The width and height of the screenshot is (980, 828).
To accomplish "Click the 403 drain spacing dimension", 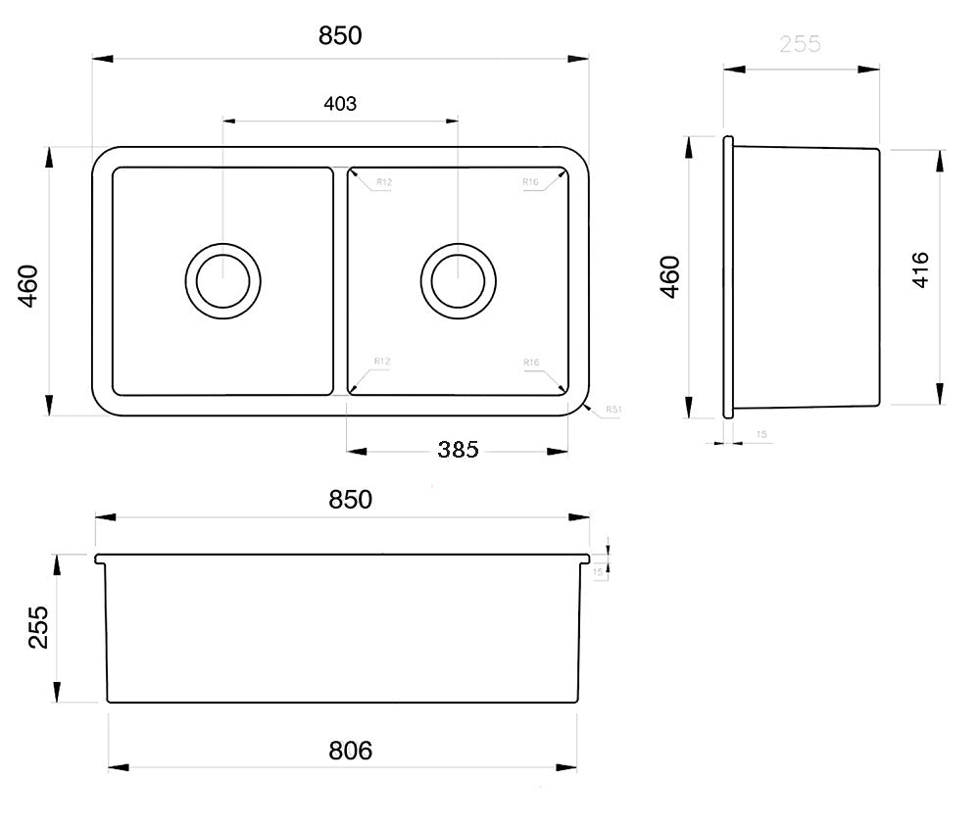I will [x=339, y=104].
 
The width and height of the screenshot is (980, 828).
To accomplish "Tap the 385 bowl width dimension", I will [x=458, y=450].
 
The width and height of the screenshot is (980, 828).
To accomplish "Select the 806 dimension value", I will [x=350, y=751].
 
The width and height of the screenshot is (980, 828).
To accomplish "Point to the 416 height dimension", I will [x=920, y=269].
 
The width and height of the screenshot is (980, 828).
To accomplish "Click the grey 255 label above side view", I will [x=800, y=44].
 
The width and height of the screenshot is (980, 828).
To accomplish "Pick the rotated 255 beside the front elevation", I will [x=38, y=626].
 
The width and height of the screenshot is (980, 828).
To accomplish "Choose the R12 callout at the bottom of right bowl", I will [x=382, y=363].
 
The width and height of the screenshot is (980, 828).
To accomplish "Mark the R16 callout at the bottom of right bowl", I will [x=531, y=363].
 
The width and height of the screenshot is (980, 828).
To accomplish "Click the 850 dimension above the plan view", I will [x=340, y=36].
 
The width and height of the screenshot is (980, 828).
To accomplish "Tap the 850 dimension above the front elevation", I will [x=350, y=499].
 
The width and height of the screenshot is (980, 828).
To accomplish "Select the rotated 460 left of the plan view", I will [x=28, y=285].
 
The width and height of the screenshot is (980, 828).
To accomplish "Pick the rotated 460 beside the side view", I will [x=669, y=277].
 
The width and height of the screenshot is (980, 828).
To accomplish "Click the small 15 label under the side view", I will [x=761, y=433].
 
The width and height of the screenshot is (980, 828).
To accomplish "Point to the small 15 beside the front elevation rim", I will [x=597, y=570].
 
